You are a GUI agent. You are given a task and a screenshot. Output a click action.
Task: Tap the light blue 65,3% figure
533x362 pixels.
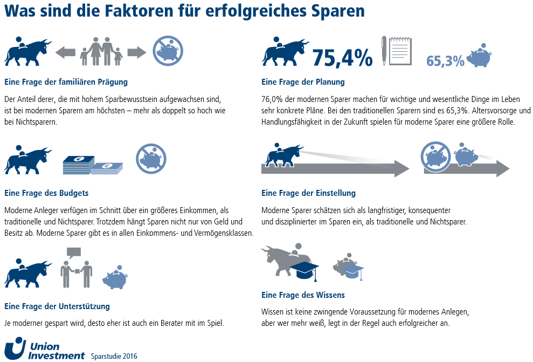pyautogui.click(x=445, y=61)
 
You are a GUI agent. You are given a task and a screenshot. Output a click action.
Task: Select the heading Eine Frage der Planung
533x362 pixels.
pyautogui.click(x=303, y=82)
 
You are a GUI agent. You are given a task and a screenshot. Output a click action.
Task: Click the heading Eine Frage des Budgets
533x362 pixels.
pyautogui.click(x=46, y=193)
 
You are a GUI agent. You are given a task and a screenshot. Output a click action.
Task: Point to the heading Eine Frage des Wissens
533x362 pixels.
pyautogui.click(x=303, y=295)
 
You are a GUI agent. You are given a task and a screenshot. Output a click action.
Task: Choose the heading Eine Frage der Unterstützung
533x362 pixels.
pyautogui.click(x=57, y=306)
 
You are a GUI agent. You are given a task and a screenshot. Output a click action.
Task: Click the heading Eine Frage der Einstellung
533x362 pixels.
pyautogui.click(x=308, y=193)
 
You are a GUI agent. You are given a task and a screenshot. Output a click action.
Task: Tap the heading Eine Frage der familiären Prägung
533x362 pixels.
pyautogui.click(x=66, y=82)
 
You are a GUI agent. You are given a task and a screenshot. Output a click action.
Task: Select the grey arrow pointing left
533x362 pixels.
pyautogui.click(x=65, y=52)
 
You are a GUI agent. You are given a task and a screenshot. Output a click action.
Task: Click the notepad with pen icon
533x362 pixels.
pyautogui.click(x=396, y=51)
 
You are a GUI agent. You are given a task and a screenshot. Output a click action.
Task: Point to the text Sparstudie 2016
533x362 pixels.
pyautogui.click(x=114, y=356)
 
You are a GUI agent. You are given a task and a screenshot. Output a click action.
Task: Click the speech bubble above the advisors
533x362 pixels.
pyautogui.click(x=73, y=251)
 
